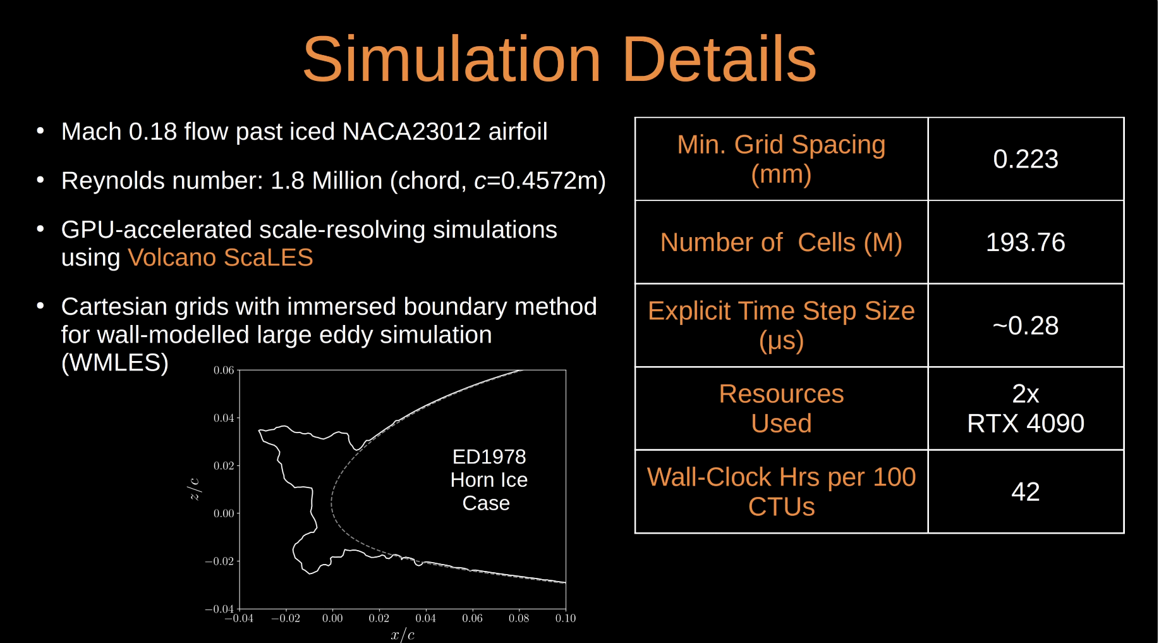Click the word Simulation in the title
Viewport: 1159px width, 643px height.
click(451, 59)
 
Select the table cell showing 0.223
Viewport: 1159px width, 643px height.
click(1026, 159)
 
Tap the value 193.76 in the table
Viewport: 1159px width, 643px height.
click(1026, 243)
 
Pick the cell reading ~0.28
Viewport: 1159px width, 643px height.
click(1026, 326)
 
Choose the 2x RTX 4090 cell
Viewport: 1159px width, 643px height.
click(1026, 408)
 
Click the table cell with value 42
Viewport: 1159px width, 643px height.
click(1026, 492)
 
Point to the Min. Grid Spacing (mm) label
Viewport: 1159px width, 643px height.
click(781, 159)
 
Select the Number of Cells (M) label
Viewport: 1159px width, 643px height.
click(781, 243)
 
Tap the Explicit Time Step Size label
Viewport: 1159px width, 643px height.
click(781, 326)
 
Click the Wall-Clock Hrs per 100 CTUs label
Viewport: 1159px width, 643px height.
click(781, 492)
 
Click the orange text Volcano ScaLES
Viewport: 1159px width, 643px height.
click(221, 258)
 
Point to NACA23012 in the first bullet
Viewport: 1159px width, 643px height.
click(411, 132)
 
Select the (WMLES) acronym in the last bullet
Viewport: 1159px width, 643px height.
click(115, 363)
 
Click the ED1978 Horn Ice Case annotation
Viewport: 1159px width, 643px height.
click(488, 480)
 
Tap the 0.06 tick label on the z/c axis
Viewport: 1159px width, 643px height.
click(224, 370)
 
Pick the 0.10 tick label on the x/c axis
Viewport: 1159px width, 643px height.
click(566, 618)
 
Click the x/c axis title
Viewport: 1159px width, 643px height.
click(403, 635)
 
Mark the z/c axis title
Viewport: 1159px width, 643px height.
click(195, 489)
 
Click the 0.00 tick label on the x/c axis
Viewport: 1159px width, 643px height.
click(332, 618)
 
